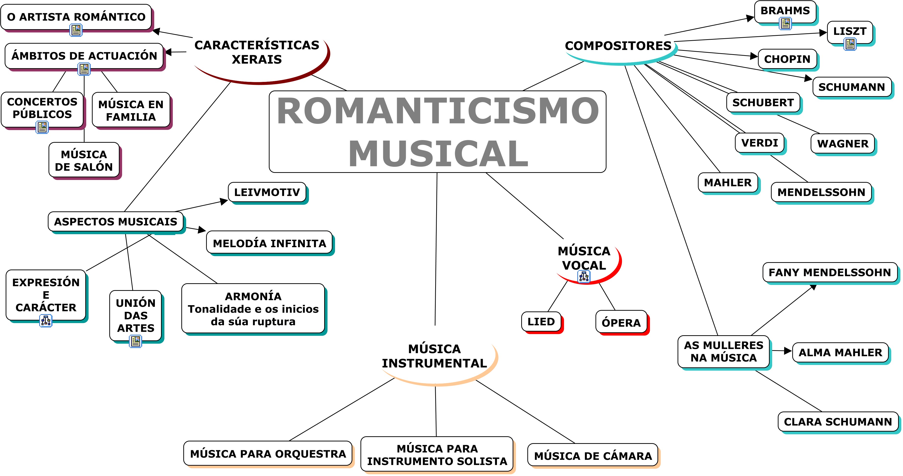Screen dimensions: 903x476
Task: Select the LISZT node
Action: point(850,32)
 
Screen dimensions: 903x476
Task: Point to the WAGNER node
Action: point(843,144)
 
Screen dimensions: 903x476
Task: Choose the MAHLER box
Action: point(728,183)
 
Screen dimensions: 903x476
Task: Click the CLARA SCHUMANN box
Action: point(838,422)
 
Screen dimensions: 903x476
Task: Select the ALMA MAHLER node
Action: point(840,353)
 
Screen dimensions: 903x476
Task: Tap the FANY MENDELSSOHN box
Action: point(830,272)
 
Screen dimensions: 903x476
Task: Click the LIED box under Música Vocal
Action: point(541,322)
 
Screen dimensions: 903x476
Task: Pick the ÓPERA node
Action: point(621,322)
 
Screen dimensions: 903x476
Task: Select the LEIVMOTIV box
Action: point(267,192)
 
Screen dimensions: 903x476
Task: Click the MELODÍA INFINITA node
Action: point(269,243)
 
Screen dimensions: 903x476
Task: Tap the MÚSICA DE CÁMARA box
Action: point(593,455)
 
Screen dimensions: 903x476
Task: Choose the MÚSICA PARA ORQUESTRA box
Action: point(268,453)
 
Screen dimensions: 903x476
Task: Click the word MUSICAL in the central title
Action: point(438,154)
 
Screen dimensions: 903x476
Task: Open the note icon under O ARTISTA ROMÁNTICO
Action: point(76,30)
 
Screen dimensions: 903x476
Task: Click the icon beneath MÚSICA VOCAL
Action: point(584,277)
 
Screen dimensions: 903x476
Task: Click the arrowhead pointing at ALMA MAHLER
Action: point(788,351)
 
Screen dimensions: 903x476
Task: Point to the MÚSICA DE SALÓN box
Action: point(84,160)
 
